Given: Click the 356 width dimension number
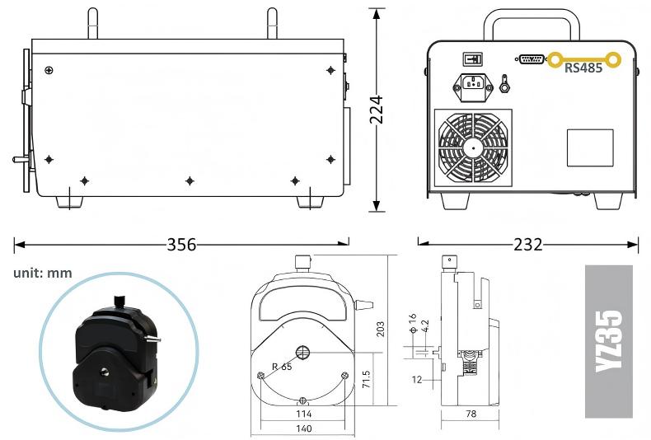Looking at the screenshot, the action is coord(181,245).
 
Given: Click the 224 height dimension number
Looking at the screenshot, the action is coord(377,110).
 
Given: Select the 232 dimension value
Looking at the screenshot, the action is coord(527,245).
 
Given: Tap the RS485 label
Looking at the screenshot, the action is coord(583,68).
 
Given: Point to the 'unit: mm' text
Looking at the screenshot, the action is coord(43,273).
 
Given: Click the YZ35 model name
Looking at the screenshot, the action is coord(609,341).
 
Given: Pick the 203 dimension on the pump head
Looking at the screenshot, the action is coord(380,329).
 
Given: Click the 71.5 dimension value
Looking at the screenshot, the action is coord(366,379).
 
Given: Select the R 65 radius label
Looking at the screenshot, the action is coord(282,367).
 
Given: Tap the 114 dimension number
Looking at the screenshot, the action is coord(303,414).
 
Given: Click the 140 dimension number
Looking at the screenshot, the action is coord(303,428).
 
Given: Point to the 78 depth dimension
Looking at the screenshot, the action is coord(471,414).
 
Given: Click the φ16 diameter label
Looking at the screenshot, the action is coord(412,323).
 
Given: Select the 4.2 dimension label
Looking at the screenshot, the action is coord(424,326).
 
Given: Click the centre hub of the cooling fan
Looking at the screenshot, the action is coord(473,147).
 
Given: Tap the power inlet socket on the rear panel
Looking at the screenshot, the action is coord(473,87).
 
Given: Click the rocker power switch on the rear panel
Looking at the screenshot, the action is coord(472,59).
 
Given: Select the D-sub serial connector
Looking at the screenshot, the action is coord(531,59).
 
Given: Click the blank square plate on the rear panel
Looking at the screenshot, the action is coord(590,147).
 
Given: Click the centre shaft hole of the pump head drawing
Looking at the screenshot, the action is coord(302,353).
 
